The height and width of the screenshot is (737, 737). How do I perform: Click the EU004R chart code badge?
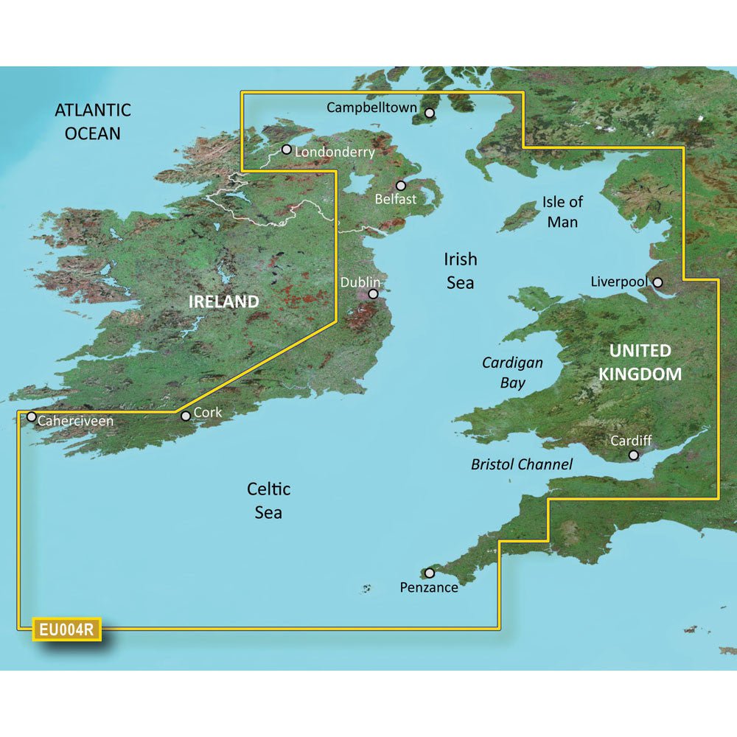coord(66,630)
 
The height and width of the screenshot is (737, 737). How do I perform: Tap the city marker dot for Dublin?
coord(374,293)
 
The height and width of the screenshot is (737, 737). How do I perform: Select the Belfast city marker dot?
coord(401,186)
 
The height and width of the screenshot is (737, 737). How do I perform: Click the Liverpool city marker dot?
coord(657,282)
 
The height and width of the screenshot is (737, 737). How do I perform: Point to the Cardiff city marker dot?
coord(633,455)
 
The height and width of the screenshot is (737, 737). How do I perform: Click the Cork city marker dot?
coord(186,416)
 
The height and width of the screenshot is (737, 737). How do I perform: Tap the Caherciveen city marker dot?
coord(32,416)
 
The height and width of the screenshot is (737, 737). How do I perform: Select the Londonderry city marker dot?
coord(286,149)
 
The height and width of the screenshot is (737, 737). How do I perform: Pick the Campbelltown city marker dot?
coord(430,113)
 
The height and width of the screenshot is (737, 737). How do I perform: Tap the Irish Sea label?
coord(460,270)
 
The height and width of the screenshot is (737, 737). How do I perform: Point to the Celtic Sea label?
coord(268,500)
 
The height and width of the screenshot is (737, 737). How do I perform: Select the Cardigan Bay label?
coord(512,372)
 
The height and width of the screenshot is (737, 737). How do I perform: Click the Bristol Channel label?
coord(522,464)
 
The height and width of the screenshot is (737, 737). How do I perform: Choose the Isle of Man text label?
coord(562,211)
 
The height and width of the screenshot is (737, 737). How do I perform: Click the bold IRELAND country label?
coord(223,301)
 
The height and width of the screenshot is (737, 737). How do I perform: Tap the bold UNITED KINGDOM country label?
coord(639,362)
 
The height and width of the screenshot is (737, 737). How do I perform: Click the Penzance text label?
coord(429,587)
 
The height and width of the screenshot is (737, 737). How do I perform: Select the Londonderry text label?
coord(335,153)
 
